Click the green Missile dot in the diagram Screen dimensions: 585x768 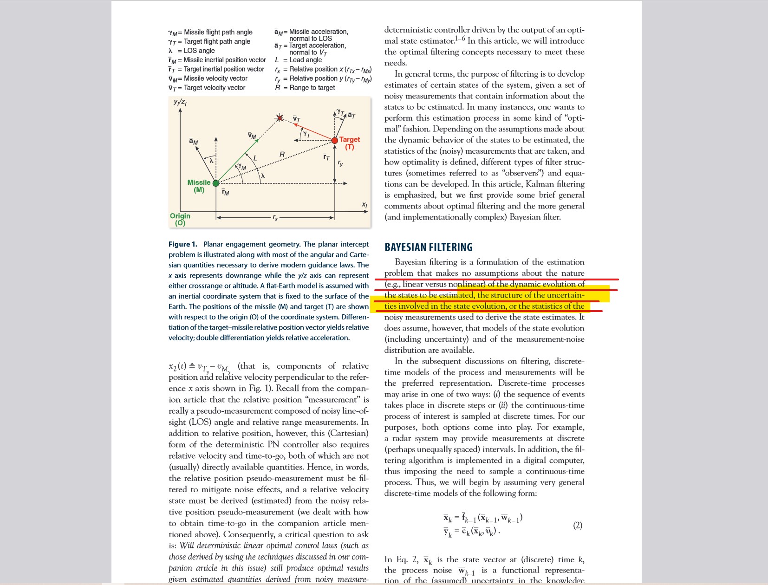coord(215,183)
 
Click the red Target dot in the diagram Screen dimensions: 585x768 coord(334,140)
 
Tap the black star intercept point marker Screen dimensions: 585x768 coord(280,118)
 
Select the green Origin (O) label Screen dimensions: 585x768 coord(180,219)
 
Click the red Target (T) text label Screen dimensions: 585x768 coord(349,143)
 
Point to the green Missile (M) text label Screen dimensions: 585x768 coord(199,186)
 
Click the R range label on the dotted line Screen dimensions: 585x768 coord(282,154)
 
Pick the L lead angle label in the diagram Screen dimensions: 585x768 coord(255,158)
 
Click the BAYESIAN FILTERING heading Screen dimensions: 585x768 coord(428,247)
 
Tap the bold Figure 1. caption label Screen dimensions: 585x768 coord(182,244)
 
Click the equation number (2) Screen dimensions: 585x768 coord(577,525)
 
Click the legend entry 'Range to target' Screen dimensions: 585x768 coord(312,88)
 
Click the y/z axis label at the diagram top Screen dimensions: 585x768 coord(180,102)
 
